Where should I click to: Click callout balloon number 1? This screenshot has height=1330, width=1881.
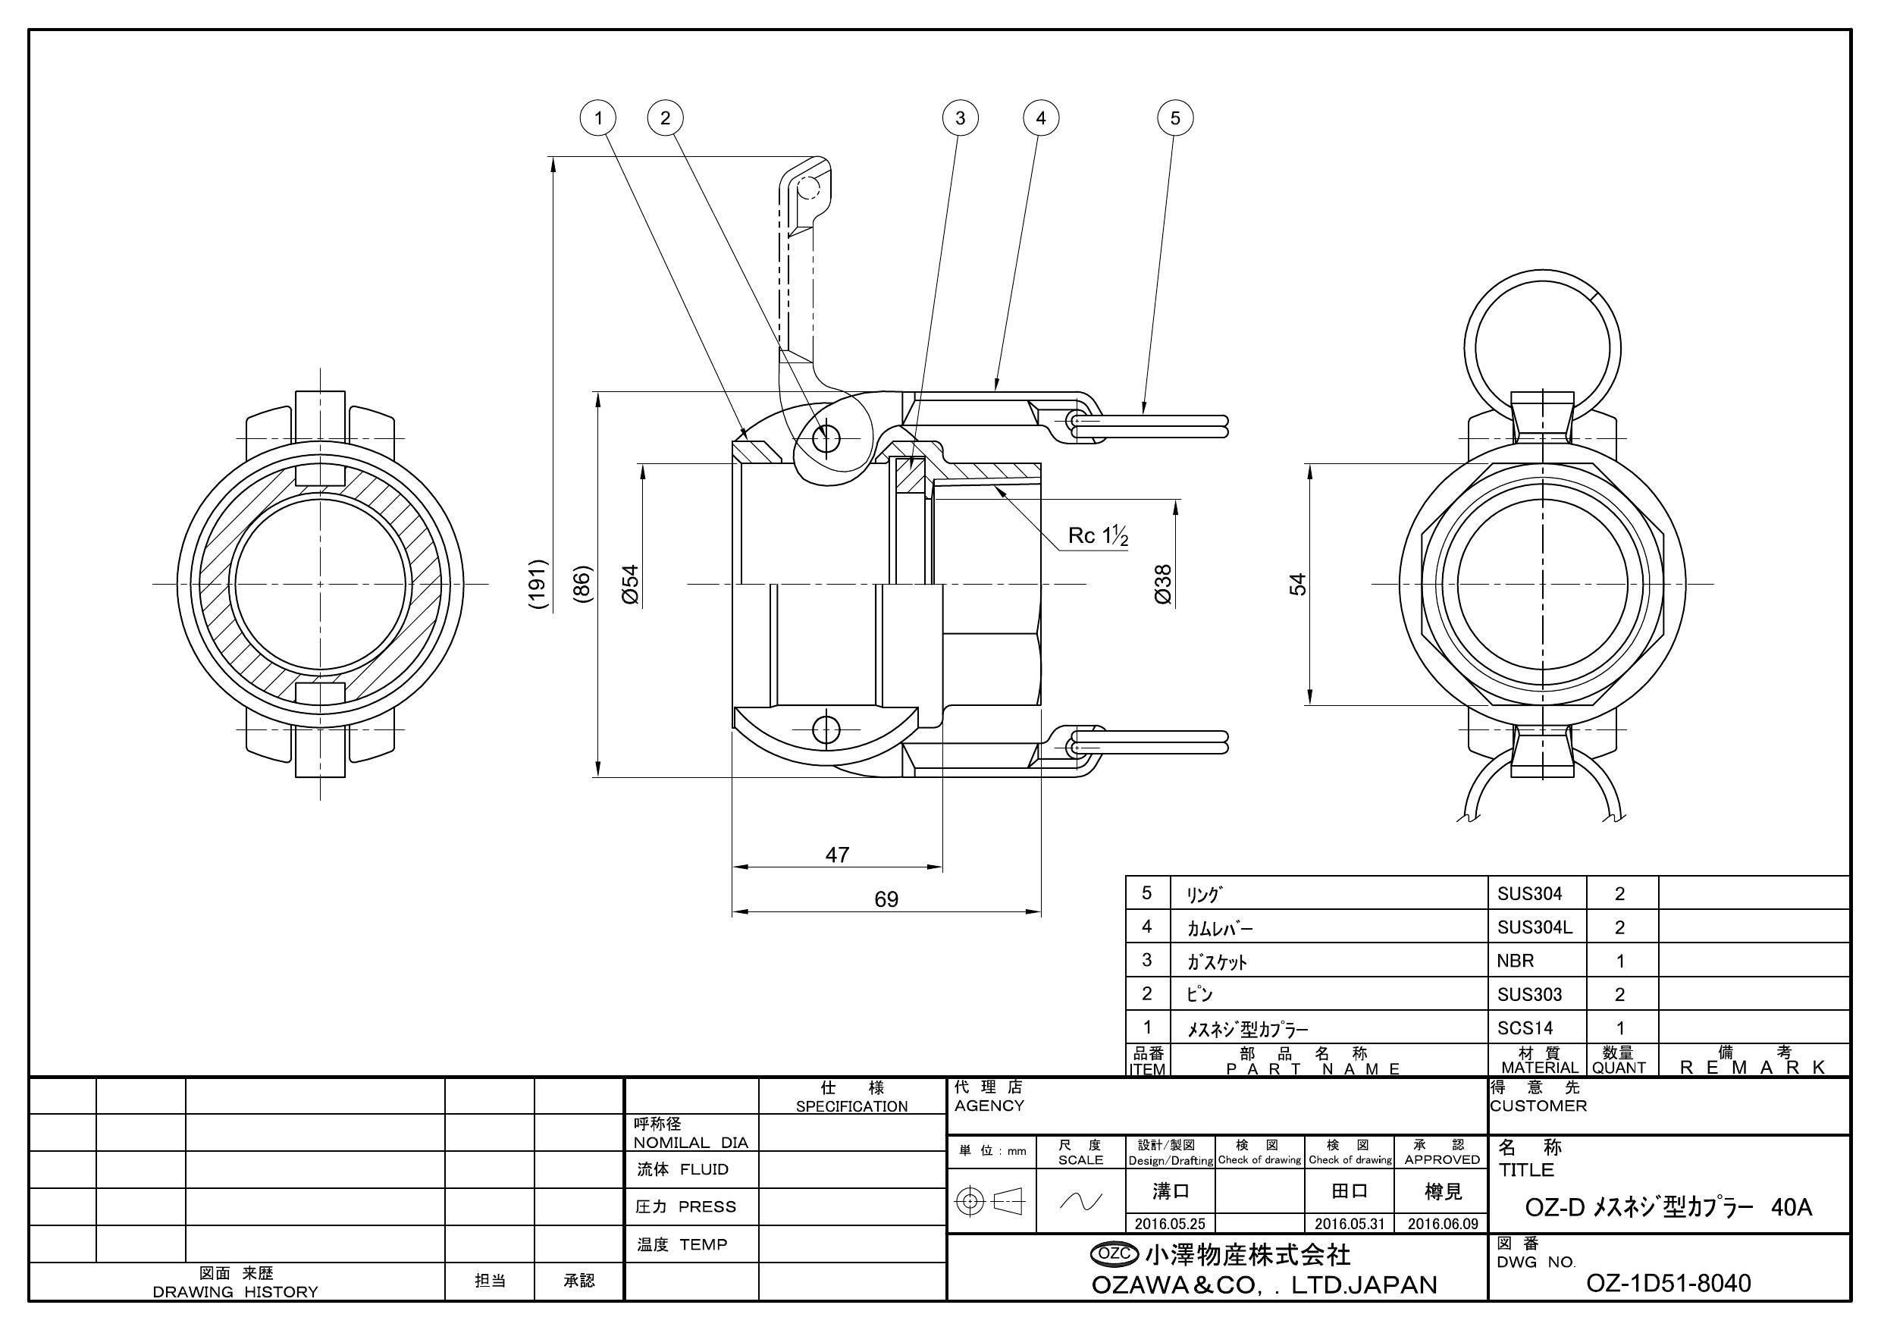pos(598,118)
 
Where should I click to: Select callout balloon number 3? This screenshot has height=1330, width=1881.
pos(960,118)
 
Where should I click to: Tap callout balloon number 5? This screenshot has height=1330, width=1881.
pos(1175,118)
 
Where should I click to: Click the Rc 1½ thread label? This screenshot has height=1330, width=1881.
pos(1098,536)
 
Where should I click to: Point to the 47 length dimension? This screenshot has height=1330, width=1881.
pos(836,855)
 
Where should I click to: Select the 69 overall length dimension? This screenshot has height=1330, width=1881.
pos(886,900)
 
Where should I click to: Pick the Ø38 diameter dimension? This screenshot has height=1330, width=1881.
pos(1162,585)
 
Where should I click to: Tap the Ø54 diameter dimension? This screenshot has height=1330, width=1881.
pos(629,585)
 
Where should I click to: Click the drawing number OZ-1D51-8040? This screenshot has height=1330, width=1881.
pos(1668,1282)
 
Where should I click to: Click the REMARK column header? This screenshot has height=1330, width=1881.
pos(1753,1067)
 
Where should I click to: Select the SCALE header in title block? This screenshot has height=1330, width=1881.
pos(1080,1160)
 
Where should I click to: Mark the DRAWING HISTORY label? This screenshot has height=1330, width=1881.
pos(236,1291)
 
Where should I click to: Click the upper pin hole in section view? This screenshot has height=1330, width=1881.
pos(826,438)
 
